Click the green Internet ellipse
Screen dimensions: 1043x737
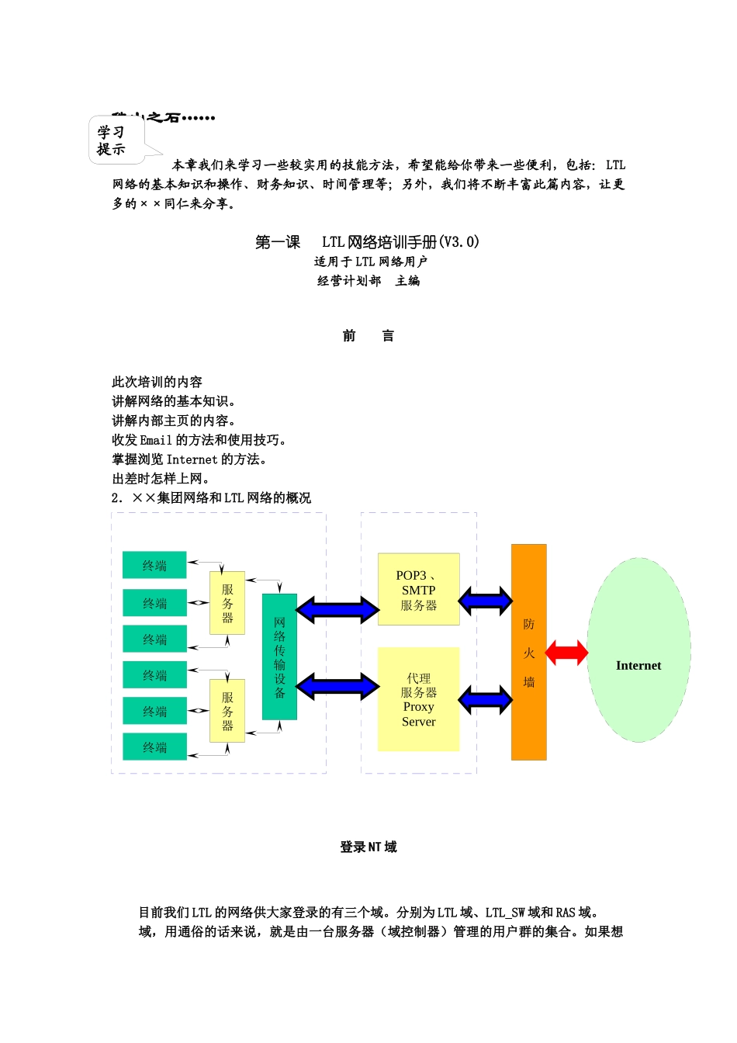tap(638, 650)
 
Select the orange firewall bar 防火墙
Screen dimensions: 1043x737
tap(528, 652)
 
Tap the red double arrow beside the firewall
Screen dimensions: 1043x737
tap(566, 653)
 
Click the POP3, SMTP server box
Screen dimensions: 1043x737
tap(418, 590)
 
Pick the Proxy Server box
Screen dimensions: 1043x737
tap(418, 699)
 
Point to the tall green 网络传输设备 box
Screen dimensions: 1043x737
tap(279, 657)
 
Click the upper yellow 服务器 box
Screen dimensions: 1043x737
tap(227, 603)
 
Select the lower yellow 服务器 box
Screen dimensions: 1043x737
tap(227, 711)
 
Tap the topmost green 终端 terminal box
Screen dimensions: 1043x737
tap(154, 566)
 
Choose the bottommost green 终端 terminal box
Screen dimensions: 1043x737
tap(154, 747)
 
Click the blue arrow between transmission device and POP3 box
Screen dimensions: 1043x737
tap(337, 609)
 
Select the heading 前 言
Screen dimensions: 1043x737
tap(368, 336)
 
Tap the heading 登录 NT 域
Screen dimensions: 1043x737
tap(368, 847)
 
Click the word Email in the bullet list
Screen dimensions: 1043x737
tap(156, 440)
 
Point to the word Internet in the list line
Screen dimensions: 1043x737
tap(192, 459)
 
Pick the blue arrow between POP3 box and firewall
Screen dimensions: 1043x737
tap(485, 600)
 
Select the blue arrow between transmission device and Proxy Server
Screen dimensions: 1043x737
tap(337, 686)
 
